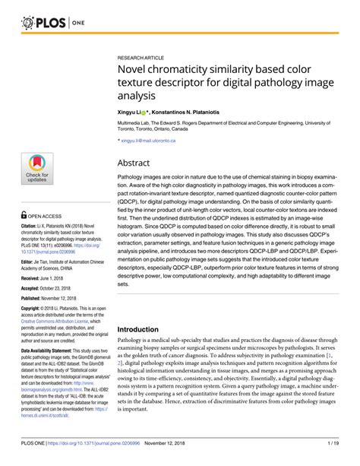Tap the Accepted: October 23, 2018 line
point(52,290)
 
